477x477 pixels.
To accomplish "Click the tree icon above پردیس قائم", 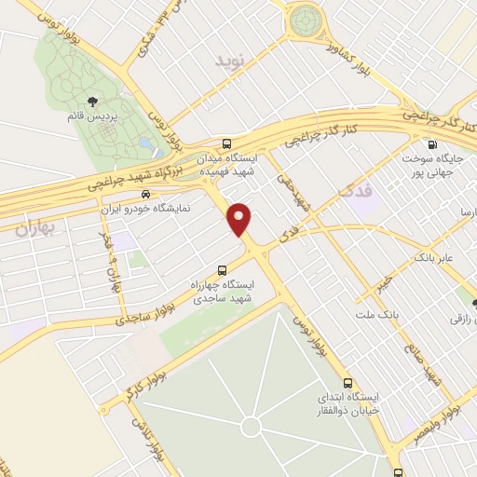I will point(91,102).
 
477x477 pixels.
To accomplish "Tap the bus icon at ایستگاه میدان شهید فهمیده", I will point(227,143).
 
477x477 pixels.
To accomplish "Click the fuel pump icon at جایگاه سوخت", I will point(430,144).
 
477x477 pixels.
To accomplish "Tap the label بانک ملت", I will point(383,316).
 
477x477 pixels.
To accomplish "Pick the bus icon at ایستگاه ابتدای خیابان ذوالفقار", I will point(348,382).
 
